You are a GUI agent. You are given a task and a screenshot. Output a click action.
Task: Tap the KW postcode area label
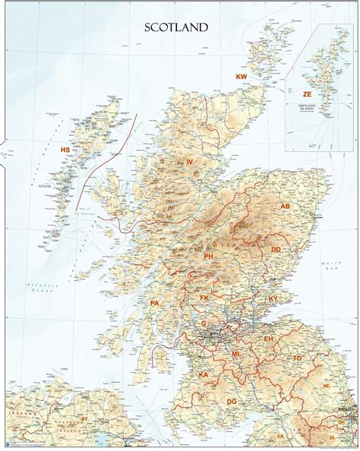click(242, 77)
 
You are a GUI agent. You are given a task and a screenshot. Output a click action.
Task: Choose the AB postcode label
click(286, 206)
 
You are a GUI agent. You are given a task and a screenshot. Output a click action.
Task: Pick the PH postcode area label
click(208, 258)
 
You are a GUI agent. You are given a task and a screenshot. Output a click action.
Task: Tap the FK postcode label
click(225, 298)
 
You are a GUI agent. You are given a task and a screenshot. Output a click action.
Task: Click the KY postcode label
click(273, 300)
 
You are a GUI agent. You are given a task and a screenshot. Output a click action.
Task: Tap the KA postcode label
click(203, 374)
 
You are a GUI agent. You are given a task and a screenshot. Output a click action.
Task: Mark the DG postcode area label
click(232, 400)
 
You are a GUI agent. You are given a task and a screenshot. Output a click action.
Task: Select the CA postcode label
click(280, 437)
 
